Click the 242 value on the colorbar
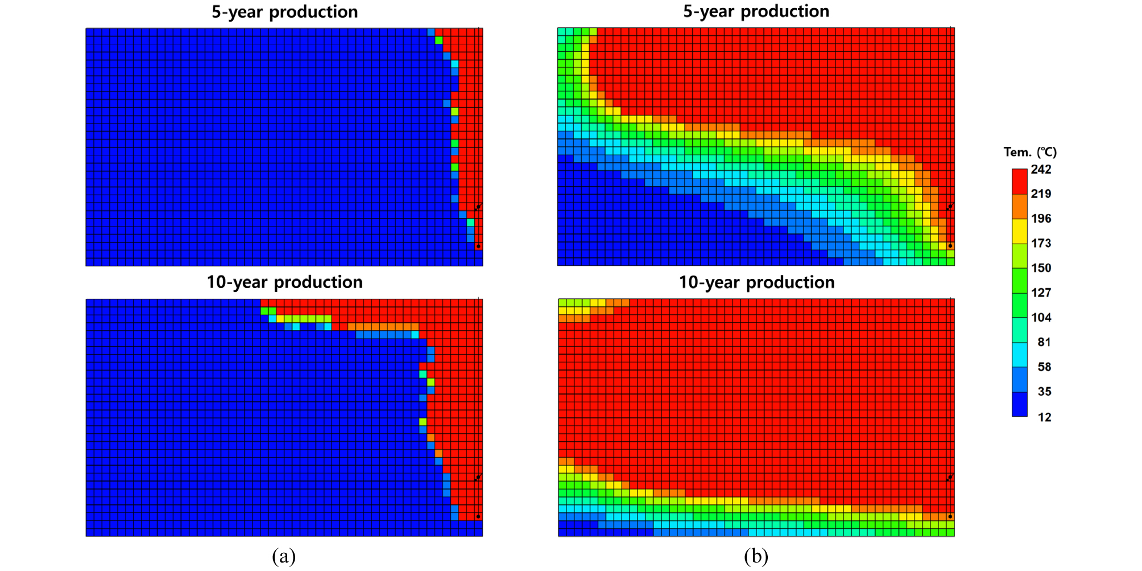[x=1041, y=170]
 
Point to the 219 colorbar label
[x=1041, y=194]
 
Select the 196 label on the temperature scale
[x=1041, y=219]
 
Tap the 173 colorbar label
[x=1041, y=244]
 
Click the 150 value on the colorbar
[x=1041, y=268]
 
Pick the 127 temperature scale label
[x=1041, y=293]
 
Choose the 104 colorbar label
[x=1041, y=318]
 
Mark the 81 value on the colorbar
[x=1044, y=342]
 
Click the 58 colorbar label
[x=1044, y=367]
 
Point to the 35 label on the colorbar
[x=1044, y=392]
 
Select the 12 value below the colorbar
[x=1044, y=417]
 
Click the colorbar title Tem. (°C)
[x=1030, y=152]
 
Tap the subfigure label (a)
[x=284, y=556]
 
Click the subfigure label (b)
[x=756, y=556]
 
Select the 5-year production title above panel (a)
[x=284, y=12]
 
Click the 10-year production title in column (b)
[x=756, y=282]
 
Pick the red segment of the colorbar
[x=1019, y=182]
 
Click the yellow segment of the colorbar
[x=1019, y=231]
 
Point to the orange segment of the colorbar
[x=1019, y=207]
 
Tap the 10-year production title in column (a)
[x=284, y=282]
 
